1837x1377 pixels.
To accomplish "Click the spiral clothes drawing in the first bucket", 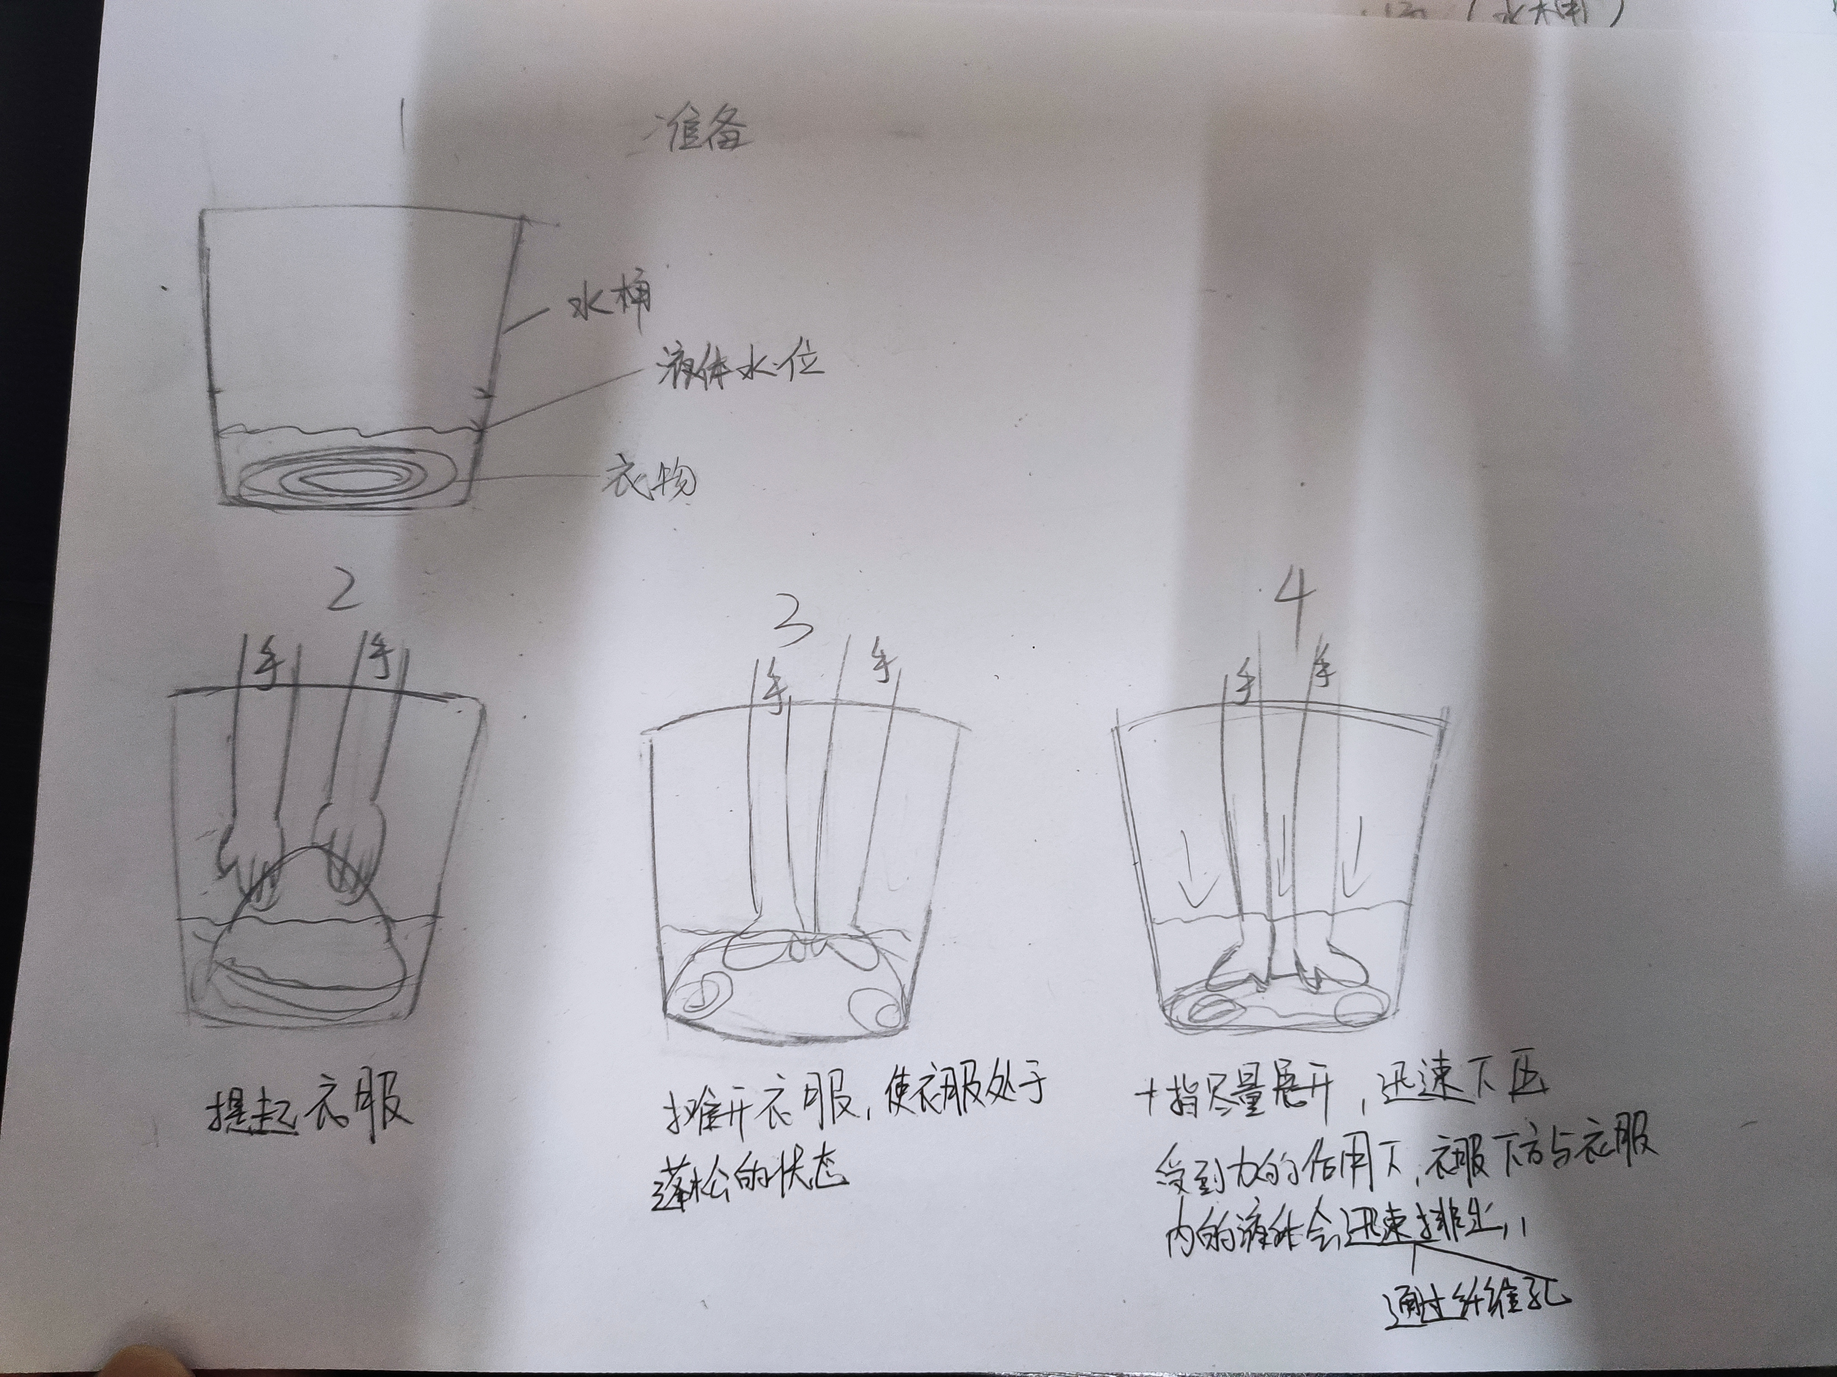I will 348,479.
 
